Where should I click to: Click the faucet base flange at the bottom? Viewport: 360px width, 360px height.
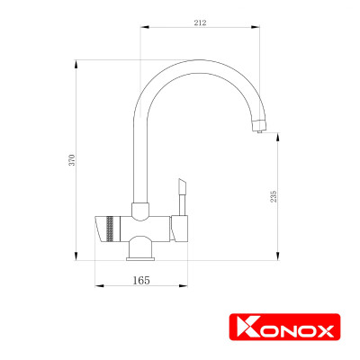[x=141, y=256]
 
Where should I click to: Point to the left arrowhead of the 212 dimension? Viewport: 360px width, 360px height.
[x=142, y=29]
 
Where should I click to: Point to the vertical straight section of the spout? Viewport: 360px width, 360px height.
[x=140, y=153]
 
